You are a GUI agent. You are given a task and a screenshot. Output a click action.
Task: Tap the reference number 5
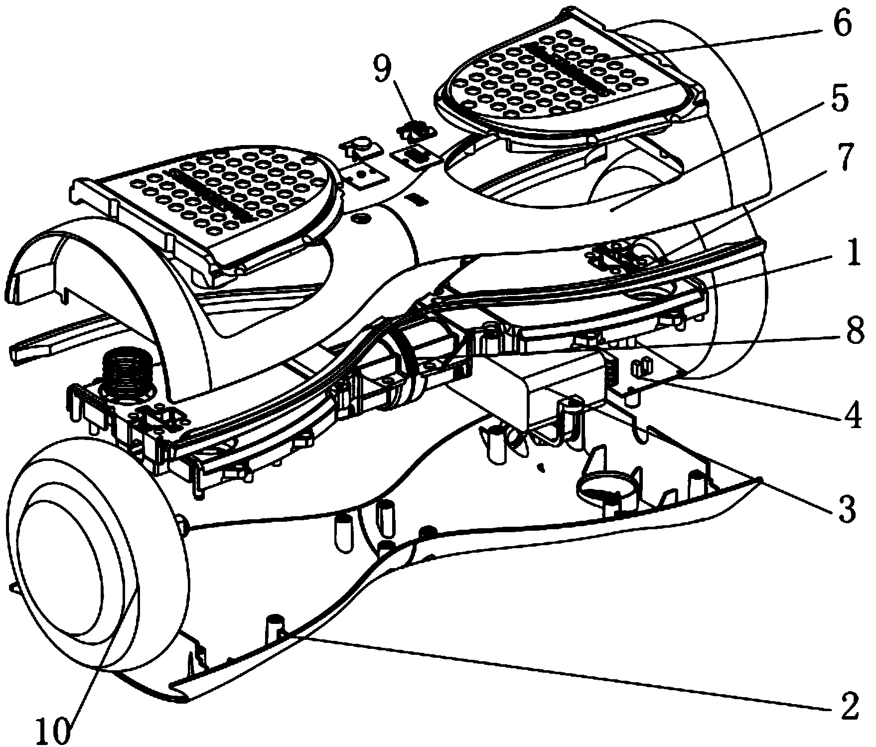click(842, 101)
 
